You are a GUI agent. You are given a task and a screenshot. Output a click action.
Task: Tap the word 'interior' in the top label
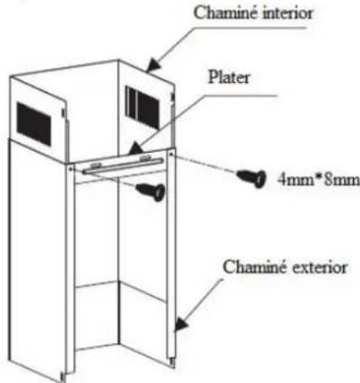tap(287, 14)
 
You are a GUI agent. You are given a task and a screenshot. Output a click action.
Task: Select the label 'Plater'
tap(229, 77)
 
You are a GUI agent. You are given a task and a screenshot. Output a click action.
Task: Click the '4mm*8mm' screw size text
tap(319, 179)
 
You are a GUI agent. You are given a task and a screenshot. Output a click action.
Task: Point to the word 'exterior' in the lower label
tap(319, 267)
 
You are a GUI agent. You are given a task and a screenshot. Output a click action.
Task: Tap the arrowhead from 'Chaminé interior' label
tap(154, 65)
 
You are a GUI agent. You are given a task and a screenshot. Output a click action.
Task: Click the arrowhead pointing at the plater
tap(135, 149)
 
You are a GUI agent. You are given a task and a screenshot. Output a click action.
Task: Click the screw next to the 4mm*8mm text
tap(251, 178)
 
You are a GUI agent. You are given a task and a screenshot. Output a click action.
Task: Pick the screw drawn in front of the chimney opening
tap(150, 191)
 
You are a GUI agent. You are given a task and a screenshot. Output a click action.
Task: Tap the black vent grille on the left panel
tap(34, 124)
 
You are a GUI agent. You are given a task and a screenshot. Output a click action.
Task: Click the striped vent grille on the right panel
tap(142, 107)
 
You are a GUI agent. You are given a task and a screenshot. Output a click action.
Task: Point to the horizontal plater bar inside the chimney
tap(123, 166)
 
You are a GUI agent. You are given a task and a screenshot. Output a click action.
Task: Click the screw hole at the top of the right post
tap(171, 154)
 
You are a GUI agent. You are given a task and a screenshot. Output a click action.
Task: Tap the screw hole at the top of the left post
tap(70, 169)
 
